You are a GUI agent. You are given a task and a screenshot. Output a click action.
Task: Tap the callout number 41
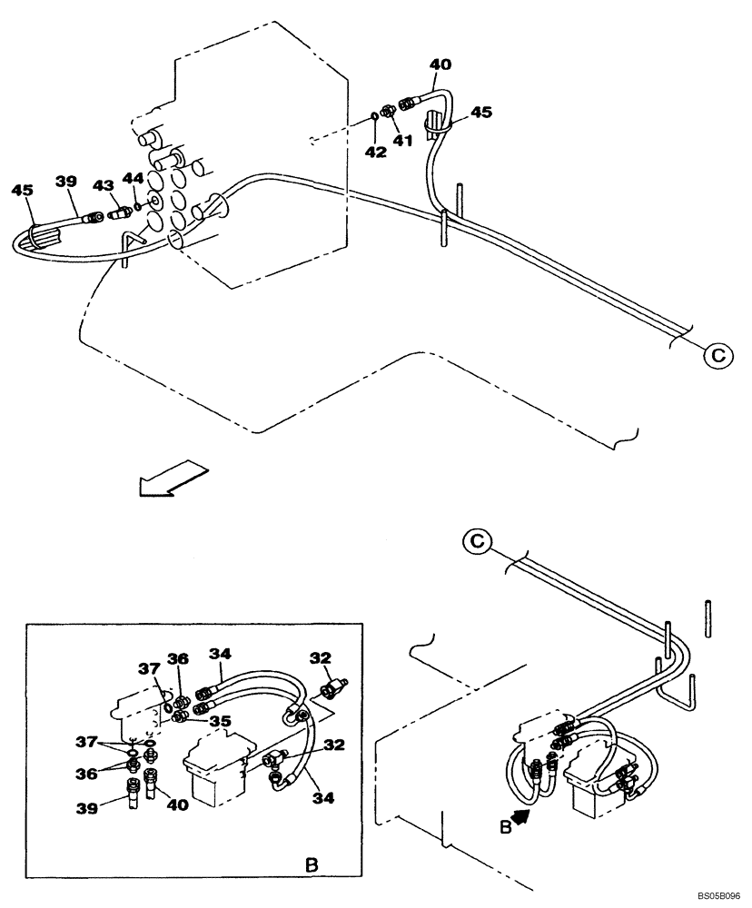click(402, 141)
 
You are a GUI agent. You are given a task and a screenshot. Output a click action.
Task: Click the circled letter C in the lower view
click(479, 544)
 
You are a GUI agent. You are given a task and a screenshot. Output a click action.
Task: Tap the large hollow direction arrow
click(173, 479)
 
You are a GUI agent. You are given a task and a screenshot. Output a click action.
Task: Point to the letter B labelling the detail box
click(311, 866)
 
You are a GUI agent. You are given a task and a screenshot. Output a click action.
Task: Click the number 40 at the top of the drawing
click(440, 64)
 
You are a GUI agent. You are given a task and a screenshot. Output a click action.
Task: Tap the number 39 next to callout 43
click(65, 182)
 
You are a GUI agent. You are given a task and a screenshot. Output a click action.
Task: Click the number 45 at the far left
click(23, 190)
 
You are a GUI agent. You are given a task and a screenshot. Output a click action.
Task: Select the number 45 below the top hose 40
click(481, 113)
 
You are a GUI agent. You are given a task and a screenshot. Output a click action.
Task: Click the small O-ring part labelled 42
click(374, 116)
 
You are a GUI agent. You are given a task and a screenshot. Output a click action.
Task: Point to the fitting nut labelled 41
click(387, 112)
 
